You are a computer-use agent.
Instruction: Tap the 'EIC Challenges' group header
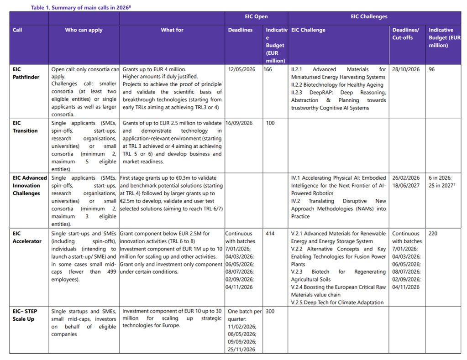[x=369, y=17]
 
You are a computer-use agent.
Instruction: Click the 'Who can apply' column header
[x=84, y=30]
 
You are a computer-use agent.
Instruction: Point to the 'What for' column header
[x=172, y=30]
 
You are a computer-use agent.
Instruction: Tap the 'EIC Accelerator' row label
[x=27, y=237]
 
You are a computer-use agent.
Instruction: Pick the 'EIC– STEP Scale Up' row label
[x=24, y=315]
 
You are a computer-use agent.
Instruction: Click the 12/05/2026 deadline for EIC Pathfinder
[x=243, y=69]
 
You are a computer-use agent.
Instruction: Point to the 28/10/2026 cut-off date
[x=406, y=69]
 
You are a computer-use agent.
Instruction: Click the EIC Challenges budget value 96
[x=432, y=69]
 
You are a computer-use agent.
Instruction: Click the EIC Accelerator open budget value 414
[x=270, y=234]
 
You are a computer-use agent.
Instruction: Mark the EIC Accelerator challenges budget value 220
[x=433, y=234]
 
